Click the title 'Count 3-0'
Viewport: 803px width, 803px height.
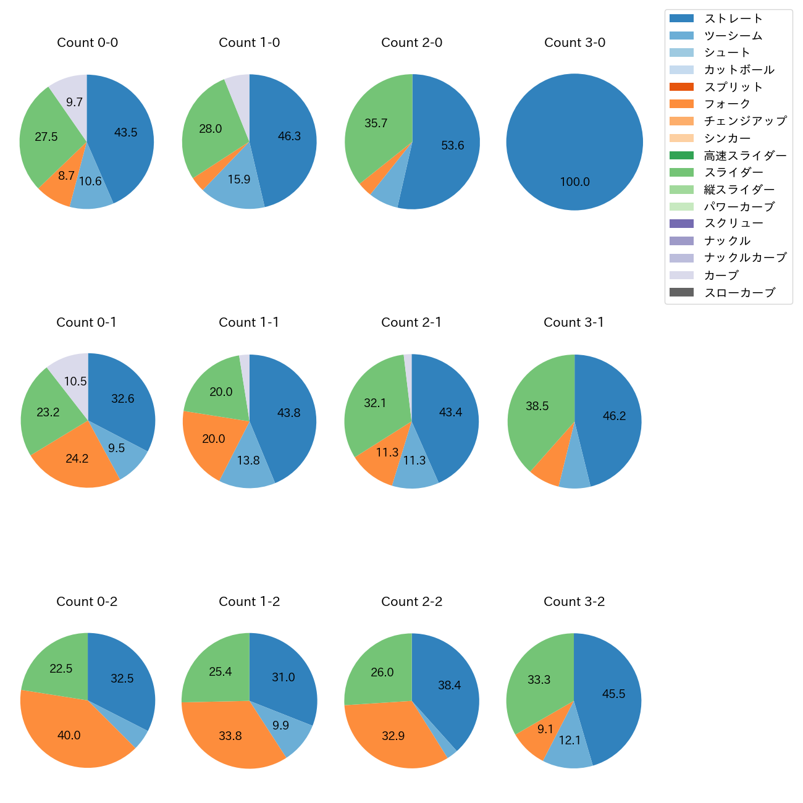(x=574, y=43)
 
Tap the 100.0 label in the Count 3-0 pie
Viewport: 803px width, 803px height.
(x=574, y=182)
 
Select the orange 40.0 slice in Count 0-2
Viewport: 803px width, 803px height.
(x=69, y=735)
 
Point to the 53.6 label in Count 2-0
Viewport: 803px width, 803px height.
(x=452, y=146)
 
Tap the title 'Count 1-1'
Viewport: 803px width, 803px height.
(x=249, y=322)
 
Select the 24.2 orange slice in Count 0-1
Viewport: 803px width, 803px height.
(x=77, y=459)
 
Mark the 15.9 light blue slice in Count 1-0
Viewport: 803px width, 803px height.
(x=238, y=180)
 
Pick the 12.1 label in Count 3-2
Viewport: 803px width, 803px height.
(x=570, y=740)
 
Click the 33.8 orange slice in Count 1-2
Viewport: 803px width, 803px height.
(x=230, y=736)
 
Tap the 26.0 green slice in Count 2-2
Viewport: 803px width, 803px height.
(x=382, y=673)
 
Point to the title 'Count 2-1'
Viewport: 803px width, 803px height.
(x=411, y=322)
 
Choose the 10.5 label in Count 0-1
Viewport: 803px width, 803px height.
(x=75, y=382)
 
